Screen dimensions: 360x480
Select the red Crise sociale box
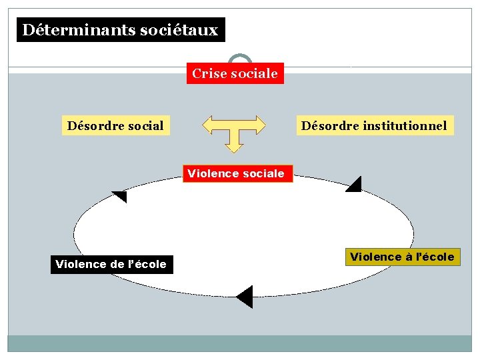[x=235, y=73]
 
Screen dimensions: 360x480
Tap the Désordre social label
[x=115, y=125]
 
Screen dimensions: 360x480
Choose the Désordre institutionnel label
[x=374, y=125]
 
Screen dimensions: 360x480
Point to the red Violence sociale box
[x=236, y=174]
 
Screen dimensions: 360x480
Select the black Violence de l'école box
[x=111, y=264]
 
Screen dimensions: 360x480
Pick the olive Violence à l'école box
[x=402, y=257]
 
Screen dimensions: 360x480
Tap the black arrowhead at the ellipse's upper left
[x=120, y=196]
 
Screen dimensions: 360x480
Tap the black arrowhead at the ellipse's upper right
[x=354, y=185]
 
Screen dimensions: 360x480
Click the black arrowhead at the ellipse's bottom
[x=245, y=297]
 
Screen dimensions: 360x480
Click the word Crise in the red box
[x=209, y=73]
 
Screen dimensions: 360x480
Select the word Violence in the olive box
[x=375, y=257]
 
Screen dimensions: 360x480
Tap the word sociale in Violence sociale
[x=263, y=174]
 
